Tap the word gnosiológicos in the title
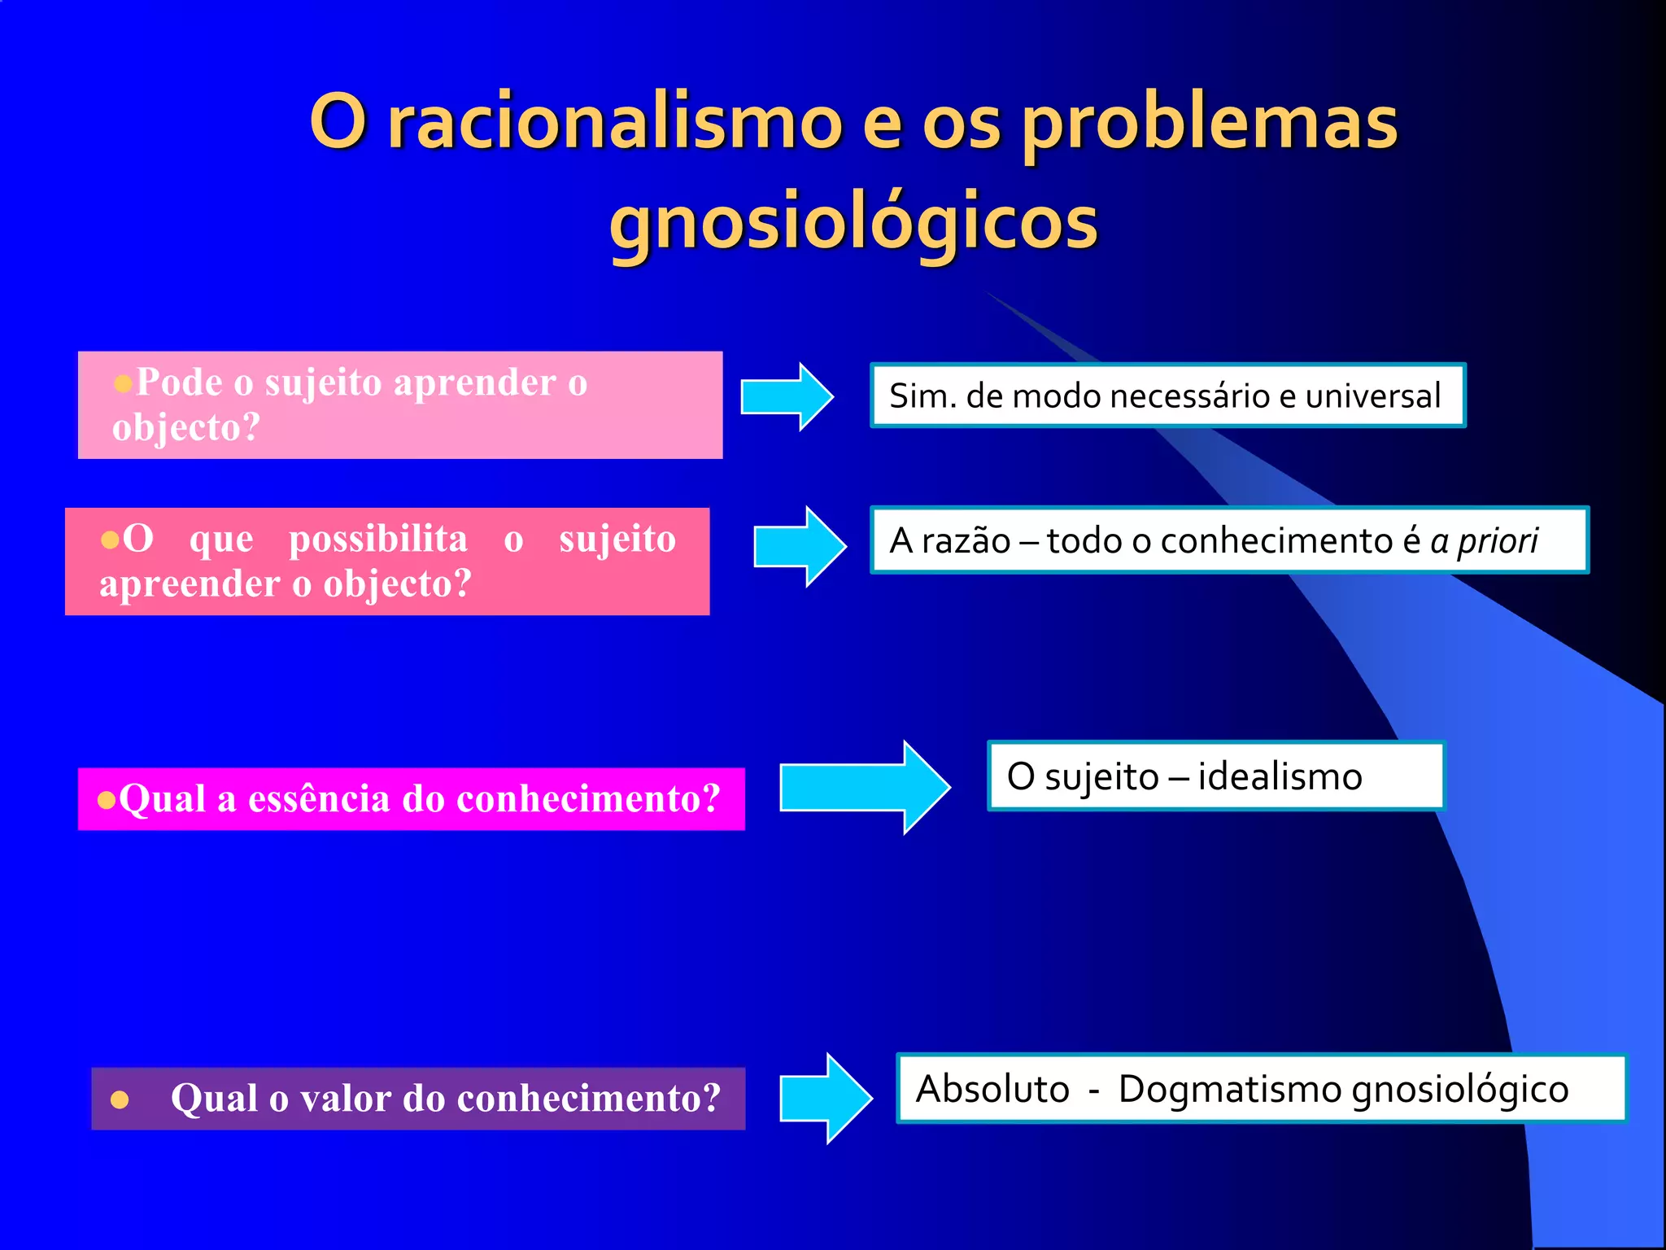tap(853, 222)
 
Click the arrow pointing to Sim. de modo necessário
tap(787, 397)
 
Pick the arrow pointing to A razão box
tap(800, 546)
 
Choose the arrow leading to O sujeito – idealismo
tap(865, 787)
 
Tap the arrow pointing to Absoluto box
tap(826, 1098)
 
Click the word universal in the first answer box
tap(1373, 396)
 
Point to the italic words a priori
tap(1484, 541)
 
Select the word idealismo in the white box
tap(1280, 776)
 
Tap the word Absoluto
tap(992, 1089)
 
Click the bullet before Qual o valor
tap(120, 1100)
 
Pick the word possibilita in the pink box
tap(378, 539)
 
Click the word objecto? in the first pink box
tap(186, 426)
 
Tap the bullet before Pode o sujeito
tap(123, 383)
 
